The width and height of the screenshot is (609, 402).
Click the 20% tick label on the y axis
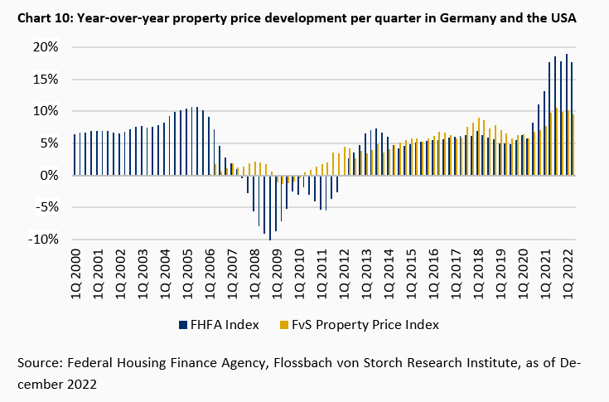click(x=45, y=47)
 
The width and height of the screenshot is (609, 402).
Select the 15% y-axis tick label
click(x=45, y=80)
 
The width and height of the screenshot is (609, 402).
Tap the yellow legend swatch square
click(x=285, y=324)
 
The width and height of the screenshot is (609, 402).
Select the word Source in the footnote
click(x=39, y=363)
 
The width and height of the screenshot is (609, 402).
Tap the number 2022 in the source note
click(x=83, y=385)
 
